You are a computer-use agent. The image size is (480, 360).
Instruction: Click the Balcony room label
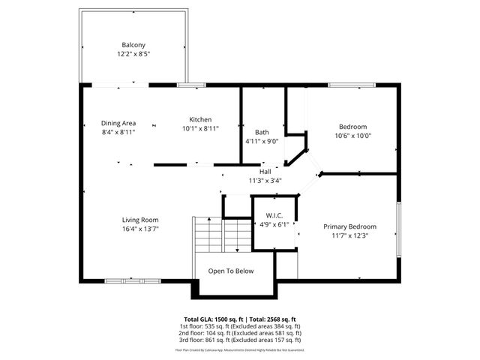pos(133,44)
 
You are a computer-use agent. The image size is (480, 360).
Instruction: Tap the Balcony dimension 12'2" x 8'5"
pos(133,54)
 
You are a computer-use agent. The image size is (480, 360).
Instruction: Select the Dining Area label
pos(118,122)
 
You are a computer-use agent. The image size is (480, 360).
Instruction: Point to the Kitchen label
pos(200,119)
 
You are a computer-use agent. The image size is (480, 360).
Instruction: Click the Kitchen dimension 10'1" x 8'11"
pos(200,129)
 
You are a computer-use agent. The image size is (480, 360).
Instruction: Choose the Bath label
pos(261,132)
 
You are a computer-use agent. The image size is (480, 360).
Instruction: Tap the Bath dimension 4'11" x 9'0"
pos(261,141)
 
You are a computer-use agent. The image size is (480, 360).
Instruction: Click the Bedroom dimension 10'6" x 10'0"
pos(352,136)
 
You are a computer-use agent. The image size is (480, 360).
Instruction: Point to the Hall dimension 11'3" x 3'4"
pos(265,181)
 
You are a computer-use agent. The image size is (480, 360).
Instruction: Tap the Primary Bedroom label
pos(349,226)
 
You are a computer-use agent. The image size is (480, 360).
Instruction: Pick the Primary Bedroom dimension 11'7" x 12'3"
pos(349,235)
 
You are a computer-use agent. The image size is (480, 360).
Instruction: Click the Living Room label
pos(140,220)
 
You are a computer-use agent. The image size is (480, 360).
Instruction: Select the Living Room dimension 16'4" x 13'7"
pos(140,229)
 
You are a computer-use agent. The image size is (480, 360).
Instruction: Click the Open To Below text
pos(231,271)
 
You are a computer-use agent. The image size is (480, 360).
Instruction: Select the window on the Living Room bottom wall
pos(132,280)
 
